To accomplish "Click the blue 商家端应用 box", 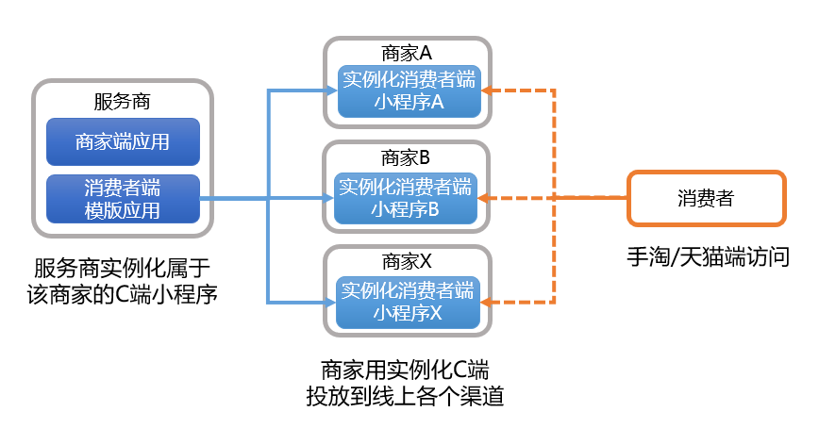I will click(x=123, y=142).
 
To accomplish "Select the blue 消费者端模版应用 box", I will click(x=123, y=199).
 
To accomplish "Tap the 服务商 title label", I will click(x=123, y=101).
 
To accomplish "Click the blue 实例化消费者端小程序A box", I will click(x=408, y=91).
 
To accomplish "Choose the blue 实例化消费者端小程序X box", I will click(x=408, y=302).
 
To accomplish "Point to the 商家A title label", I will click(x=408, y=54).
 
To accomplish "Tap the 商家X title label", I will click(x=408, y=262).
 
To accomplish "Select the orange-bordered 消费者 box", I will click(x=706, y=198).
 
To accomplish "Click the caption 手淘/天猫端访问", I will click(x=708, y=256).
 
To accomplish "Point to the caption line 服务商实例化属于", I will click(x=124, y=269).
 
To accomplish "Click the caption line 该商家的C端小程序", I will click(x=124, y=294).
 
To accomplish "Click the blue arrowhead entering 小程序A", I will click(x=331, y=91).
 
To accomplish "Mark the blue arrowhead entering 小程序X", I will click(x=331, y=302).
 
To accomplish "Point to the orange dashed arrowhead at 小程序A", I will click(x=487, y=91).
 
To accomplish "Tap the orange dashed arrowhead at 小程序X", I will click(x=487, y=302).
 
